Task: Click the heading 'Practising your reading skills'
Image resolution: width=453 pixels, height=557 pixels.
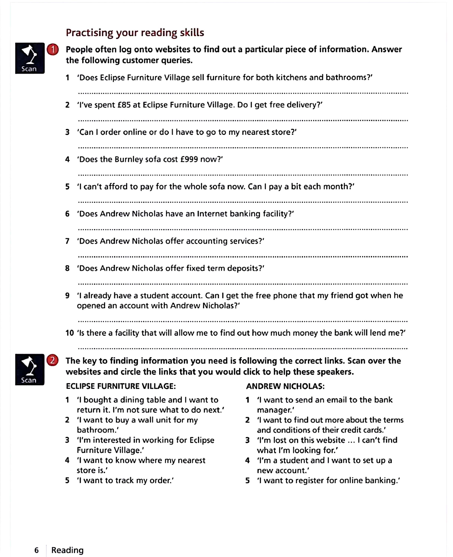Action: (135, 33)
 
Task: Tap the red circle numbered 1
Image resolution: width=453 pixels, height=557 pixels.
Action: (53, 50)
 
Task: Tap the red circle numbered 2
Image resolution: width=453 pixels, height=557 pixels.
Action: (52, 360)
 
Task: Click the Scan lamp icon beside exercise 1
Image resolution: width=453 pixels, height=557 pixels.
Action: (30, 58)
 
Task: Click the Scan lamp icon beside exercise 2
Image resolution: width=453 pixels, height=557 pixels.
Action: (30, 369)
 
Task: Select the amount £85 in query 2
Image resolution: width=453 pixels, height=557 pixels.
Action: (124, 105)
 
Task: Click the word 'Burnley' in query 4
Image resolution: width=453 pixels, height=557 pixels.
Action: (129, 159)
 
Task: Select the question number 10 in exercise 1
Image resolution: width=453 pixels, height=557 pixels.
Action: (70, 333)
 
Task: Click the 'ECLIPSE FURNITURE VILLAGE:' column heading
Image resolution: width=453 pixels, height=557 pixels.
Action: (121, 386)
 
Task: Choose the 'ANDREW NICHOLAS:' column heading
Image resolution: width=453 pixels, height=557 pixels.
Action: (285, 386)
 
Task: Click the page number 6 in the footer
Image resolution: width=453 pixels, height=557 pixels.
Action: (37, 550)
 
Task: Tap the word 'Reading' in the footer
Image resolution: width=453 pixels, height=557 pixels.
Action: (67, 550)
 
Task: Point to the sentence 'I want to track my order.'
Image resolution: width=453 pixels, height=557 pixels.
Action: (125, 480)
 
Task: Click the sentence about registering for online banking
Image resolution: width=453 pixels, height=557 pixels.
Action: (329, 480)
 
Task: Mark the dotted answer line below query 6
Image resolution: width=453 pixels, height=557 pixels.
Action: (243, 229)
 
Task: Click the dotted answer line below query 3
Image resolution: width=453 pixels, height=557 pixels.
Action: (243, 148)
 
